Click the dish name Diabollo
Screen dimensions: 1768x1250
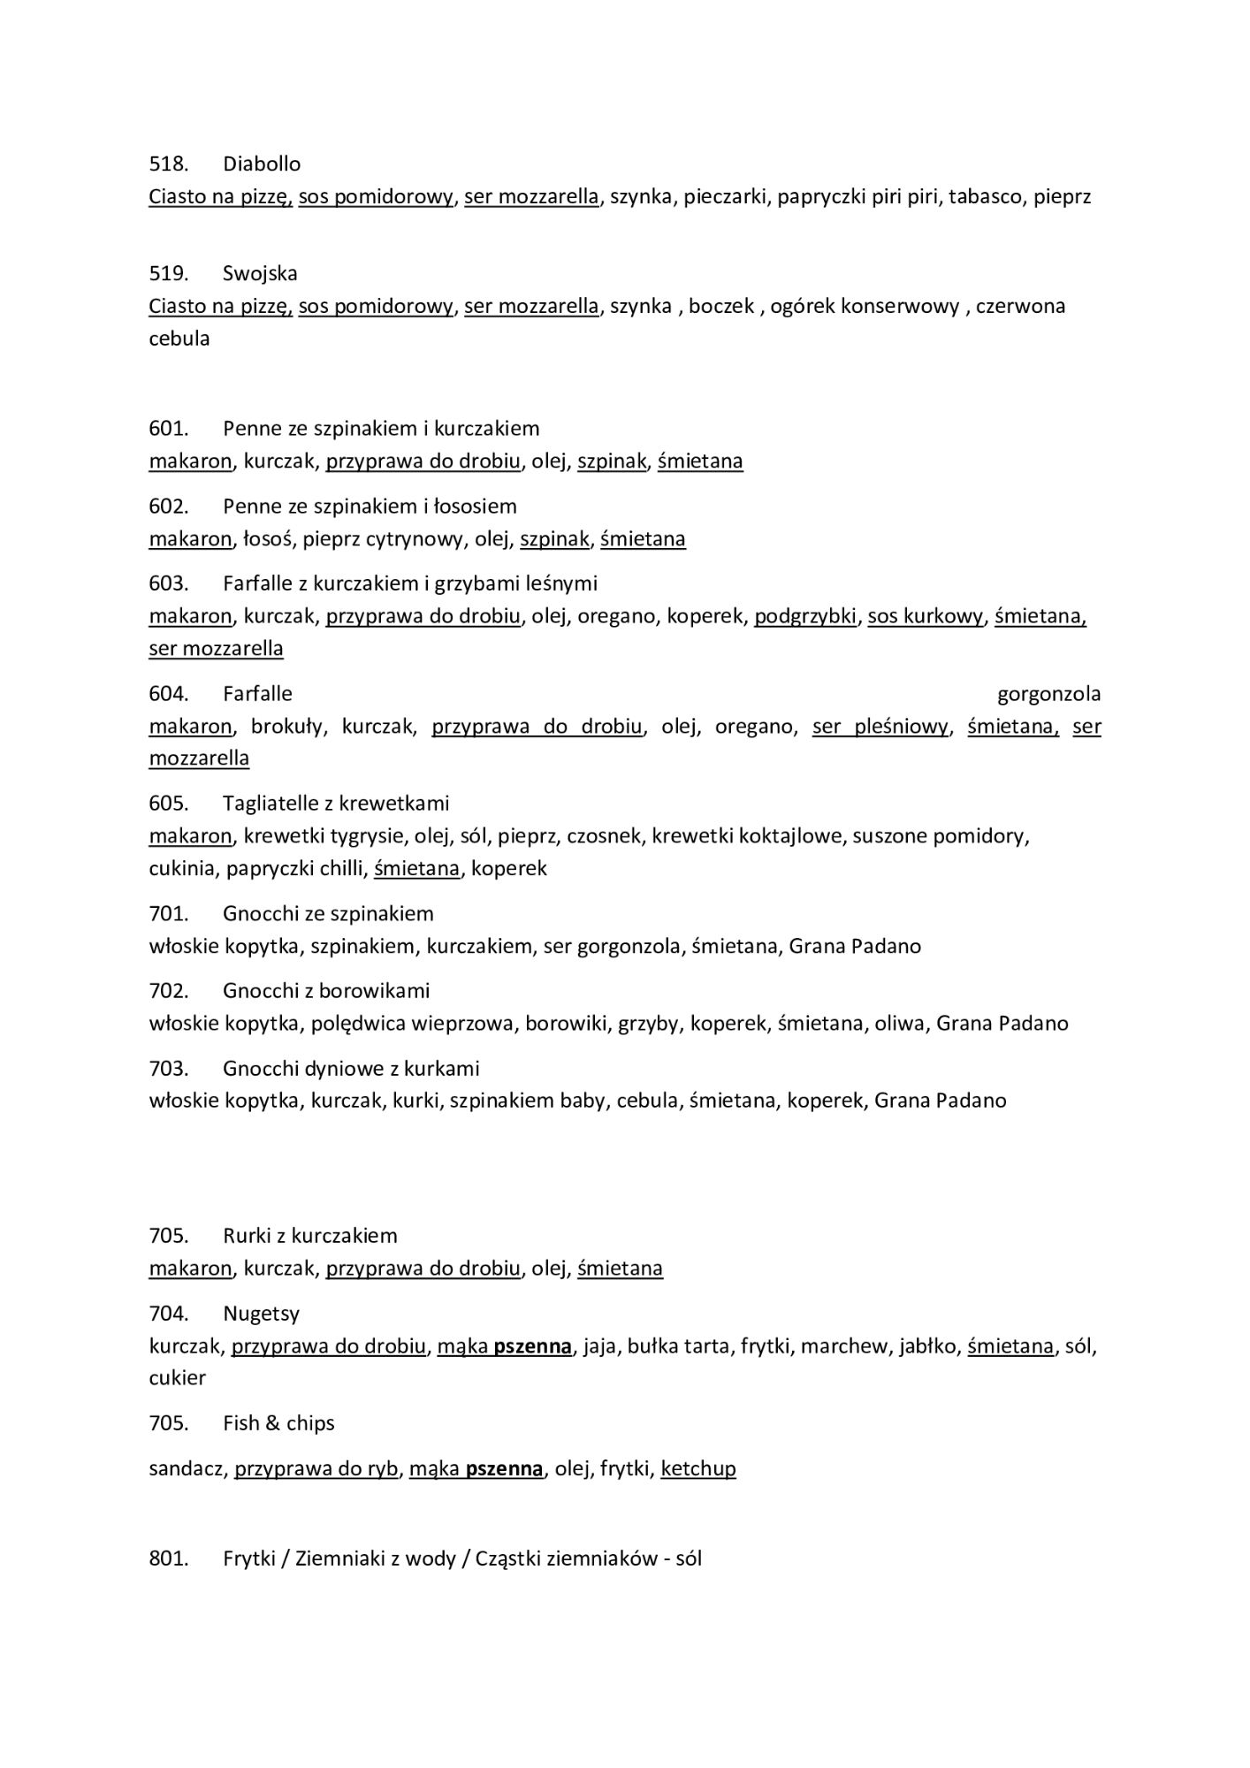[x=262, y=164]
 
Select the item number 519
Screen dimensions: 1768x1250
[x=168, y=274]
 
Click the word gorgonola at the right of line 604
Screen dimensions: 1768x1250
[x=1048, y=695]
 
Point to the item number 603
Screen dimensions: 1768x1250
[x=168, y=584]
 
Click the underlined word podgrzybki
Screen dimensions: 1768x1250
[x=804, y=617]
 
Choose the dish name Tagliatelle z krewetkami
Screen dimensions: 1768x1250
[x=336, y=804]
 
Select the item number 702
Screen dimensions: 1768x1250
[x=168, y=992]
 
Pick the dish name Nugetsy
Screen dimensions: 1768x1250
[x=262, y=1315]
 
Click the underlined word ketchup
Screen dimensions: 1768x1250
[x=697, y=1469]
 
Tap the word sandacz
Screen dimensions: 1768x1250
[x=187, y=1469]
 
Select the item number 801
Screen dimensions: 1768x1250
[x=168, y=1558]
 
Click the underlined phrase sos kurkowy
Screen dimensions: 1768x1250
[x=925, y=617]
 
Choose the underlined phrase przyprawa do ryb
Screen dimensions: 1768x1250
[x=316, y=1469]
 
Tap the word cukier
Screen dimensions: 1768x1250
[x=177, y=1378]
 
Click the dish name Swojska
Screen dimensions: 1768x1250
[x=260, y=274]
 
